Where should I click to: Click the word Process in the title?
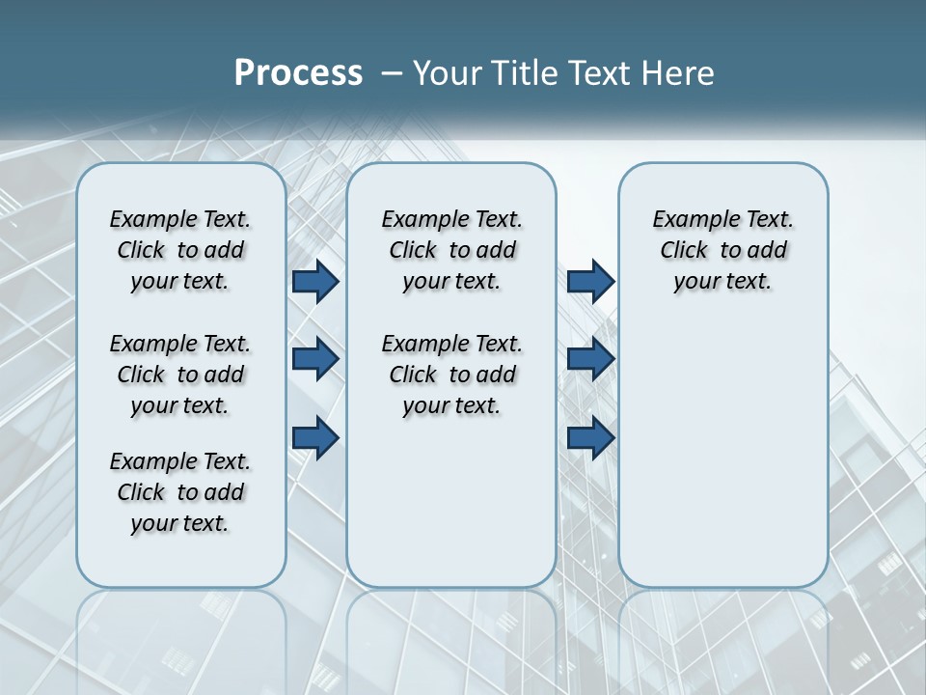click(298, 73)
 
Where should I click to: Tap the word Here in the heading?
click(680, 73)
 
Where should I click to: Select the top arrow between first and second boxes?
click(315, 281)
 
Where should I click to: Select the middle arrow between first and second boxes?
click(315, 359)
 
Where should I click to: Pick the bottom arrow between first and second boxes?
click(315, 437)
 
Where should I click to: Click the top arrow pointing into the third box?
click(590, 281)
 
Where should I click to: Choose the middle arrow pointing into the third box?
click(590, 359)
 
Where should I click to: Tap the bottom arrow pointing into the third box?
click(590, 437)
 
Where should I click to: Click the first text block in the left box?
click(180, 250)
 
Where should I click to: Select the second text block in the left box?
click(180, 375)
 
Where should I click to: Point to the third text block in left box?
click(180, 492)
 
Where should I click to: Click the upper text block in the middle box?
click(451, 250)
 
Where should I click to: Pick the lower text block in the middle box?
click(451, 375)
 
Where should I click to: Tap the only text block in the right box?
click(722, 250)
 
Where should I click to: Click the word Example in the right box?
click(687, 220)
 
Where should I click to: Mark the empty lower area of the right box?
click(722, 444)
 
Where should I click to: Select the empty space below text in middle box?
click(451, 502)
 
